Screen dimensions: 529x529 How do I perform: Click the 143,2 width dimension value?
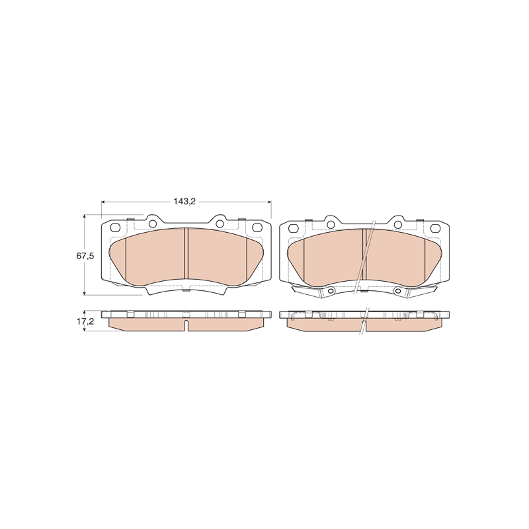(x=184, y=202)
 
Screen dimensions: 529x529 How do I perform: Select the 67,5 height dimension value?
(x=85, y=256)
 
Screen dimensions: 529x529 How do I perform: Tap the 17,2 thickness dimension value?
(x=85, y=321)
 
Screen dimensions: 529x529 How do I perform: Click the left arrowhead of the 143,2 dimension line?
(x=104, y=202)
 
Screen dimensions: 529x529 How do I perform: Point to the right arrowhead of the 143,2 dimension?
(x=269, y=202)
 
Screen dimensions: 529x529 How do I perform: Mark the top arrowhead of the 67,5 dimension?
(x=85, y=216)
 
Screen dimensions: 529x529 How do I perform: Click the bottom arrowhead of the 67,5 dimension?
(x=85, y=292)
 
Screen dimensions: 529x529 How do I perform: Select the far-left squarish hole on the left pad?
(x=116, y=228)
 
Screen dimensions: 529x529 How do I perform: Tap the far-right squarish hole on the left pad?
(x=257, y=228)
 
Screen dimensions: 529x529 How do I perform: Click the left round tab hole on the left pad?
(x=153, y=224)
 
